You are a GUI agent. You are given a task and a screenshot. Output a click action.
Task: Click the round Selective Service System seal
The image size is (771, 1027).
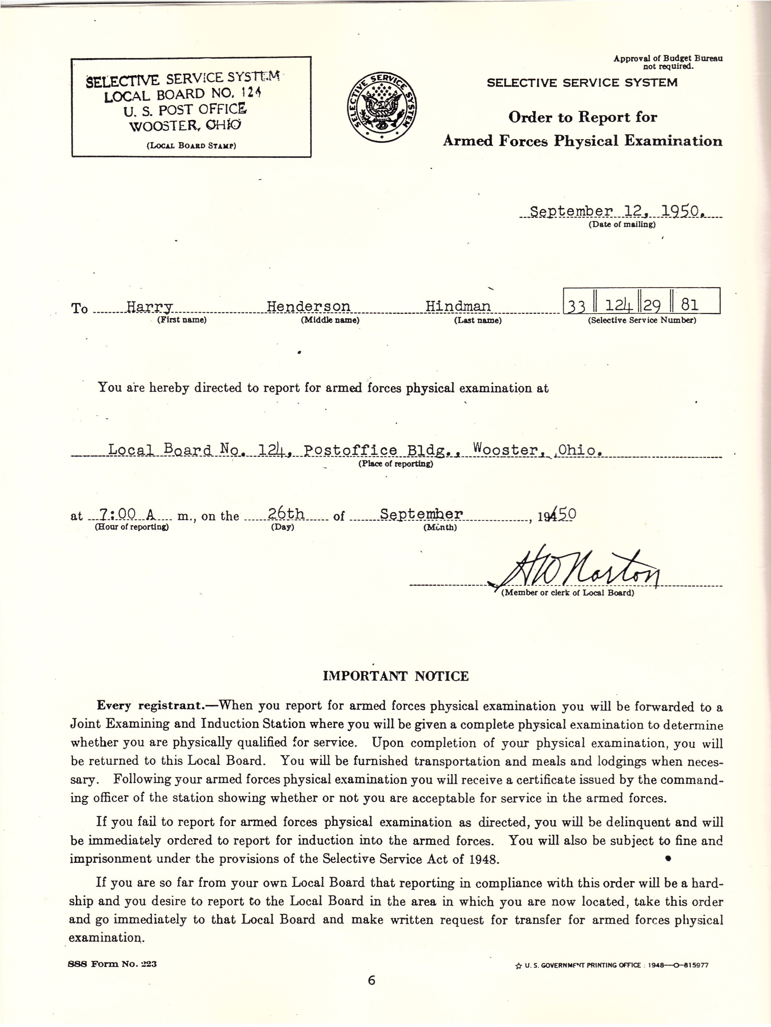pyautogui.click(x=382, y=107)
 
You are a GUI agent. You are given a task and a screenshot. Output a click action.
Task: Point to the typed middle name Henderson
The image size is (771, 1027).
pyautogui.click(x=308, y=306)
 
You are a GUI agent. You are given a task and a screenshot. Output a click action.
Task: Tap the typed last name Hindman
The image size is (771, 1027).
pyautogui.click(x=458, y=306)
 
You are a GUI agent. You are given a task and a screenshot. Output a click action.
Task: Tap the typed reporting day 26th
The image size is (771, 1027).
pyautogui.click(x=286, y=514)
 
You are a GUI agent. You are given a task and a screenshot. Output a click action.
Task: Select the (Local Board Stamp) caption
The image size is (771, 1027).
pyautogui.click(x=191, y=146)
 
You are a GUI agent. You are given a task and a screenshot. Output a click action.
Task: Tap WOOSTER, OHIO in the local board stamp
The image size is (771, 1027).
pyautogui.click(x=185, y=125)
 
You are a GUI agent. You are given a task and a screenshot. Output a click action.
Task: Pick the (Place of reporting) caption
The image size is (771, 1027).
pyautogui.click(x=395, y=464)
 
